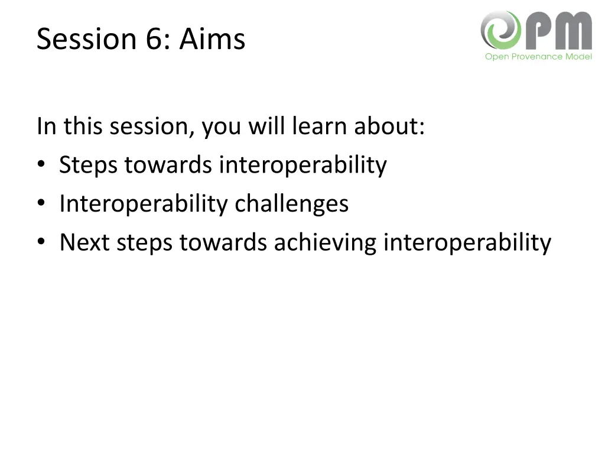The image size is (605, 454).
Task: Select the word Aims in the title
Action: coord(212,40)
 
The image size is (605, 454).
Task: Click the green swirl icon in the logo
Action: coord(500,30)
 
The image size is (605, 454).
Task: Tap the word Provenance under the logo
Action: coord(536,57)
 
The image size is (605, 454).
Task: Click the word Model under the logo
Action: coord(578,57)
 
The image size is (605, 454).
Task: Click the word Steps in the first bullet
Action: coord(89,165)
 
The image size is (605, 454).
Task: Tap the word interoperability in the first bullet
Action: coord(303,165)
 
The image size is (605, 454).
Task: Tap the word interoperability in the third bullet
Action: coord(467,242)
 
